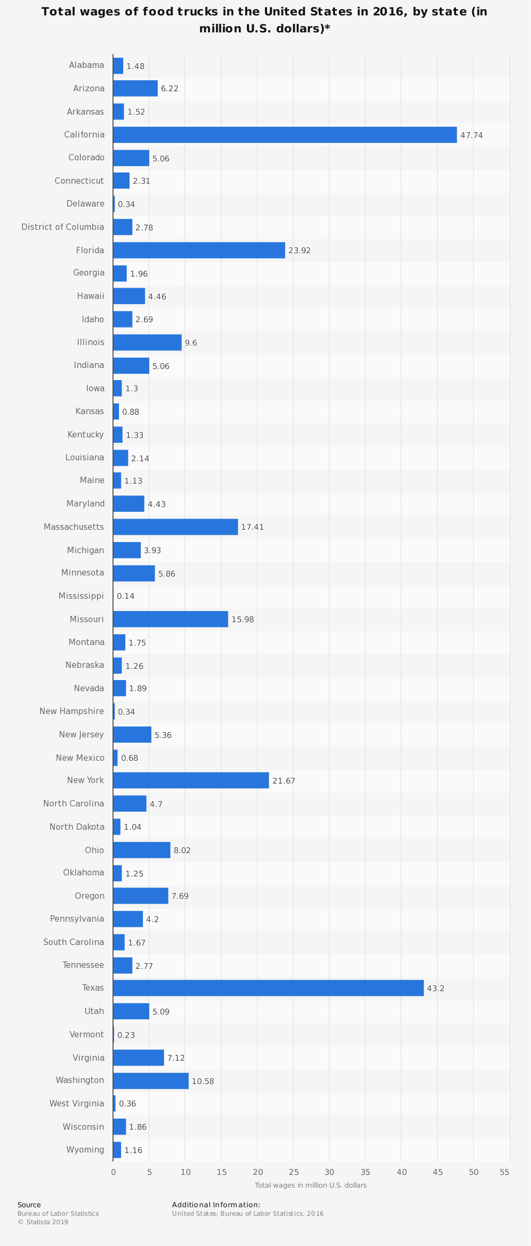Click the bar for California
(x=285, y=135)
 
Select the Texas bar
(x=268, y=988)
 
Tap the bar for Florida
(x=199, y=250)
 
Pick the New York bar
(x=191, y=780)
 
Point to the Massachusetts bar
(x=175, y=527)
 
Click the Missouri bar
(x=170, y=619)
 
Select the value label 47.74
(x=472, y=135)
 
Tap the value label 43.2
(x=435, y=989)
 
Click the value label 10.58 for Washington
(x=203, y=1081)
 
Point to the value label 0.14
(x=126, y=596)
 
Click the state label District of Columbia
(x=63, y=227)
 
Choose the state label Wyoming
(x=85, y=1150)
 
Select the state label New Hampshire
(x=72, y=711)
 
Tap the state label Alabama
(x=87, y=65)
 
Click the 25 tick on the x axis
(x=294, y=1172)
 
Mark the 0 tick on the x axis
(x=113, y=1172)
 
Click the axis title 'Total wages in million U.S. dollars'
(x=311, y=1185)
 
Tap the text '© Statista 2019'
(x=43, y=1222)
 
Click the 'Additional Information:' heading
(x=216, y=1205)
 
